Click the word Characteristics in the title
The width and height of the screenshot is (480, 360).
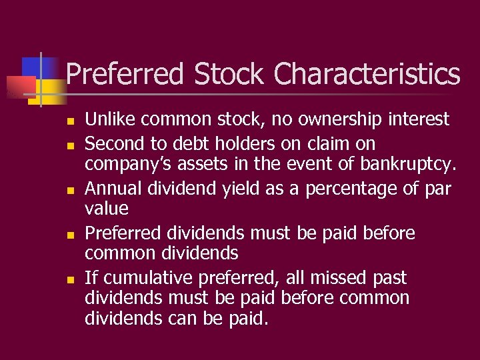[x=367, y=74]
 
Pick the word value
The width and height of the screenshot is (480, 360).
[x=106, y=209]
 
